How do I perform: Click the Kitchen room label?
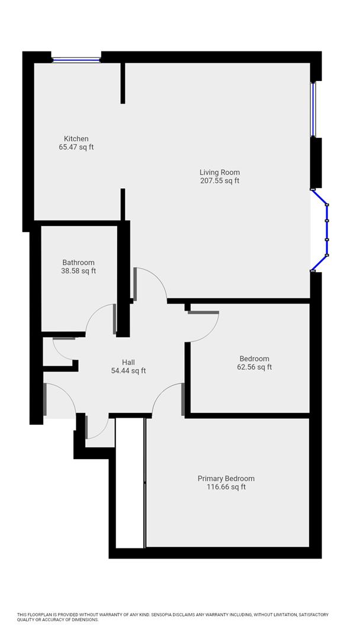(76, 139)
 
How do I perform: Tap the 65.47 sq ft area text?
(76, 147)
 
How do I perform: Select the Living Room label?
(220, 173)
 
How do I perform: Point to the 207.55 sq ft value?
(220, 181)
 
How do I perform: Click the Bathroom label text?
(78, 263)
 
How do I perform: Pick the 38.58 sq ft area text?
(78, 271)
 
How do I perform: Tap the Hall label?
(128, 363)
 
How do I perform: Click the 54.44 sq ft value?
(128, 371)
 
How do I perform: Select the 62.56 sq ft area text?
(254, 367)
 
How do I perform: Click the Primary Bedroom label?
(226, 479)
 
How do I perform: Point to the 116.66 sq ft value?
(226, 488)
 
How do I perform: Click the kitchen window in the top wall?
(76, 59)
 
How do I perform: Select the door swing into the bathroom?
(99, 319)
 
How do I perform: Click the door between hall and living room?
(151, 283)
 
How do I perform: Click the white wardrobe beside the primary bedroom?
(130, 482)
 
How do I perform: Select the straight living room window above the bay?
(314, 109)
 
